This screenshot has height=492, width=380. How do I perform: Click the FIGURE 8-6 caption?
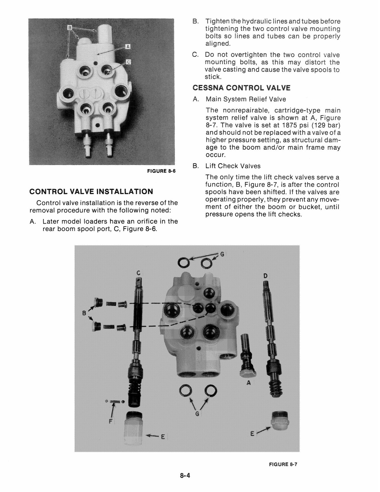click(161, 171)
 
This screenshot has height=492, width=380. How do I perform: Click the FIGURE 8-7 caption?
click(283, 464)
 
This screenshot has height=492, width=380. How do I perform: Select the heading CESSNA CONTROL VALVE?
click(241, 88)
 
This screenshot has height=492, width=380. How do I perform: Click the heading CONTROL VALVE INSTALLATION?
click(91, 191)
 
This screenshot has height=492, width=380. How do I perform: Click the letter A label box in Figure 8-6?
click(128, 47)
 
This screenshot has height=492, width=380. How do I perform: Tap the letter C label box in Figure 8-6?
click(128, 62)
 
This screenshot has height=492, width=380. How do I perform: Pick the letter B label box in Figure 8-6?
click(70, 27)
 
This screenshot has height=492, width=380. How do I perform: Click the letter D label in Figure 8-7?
click(266, 276)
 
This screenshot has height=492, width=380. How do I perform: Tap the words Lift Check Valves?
click(233, 166)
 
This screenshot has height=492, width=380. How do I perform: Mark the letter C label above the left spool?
click(139, 274)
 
